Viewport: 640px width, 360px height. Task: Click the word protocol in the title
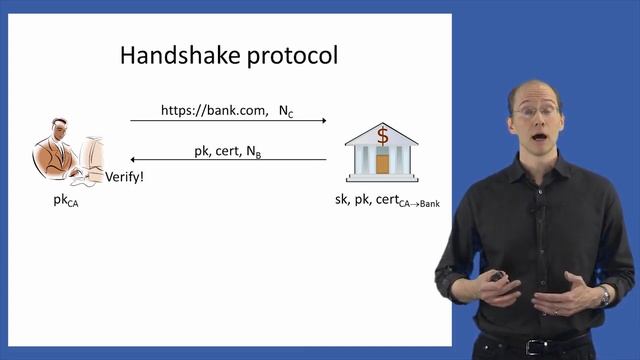point(289,56)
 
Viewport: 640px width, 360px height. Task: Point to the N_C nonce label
point(286,110)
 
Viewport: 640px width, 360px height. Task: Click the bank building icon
point(382,152)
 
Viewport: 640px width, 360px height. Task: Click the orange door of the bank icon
point(382,164)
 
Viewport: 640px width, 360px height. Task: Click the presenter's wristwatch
point(604,296)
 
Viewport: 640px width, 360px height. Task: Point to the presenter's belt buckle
point(527,347)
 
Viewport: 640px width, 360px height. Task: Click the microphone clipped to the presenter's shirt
point(538,212)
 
